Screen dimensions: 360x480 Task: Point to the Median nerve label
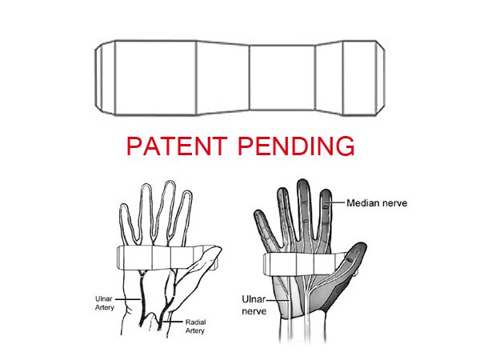377,203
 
